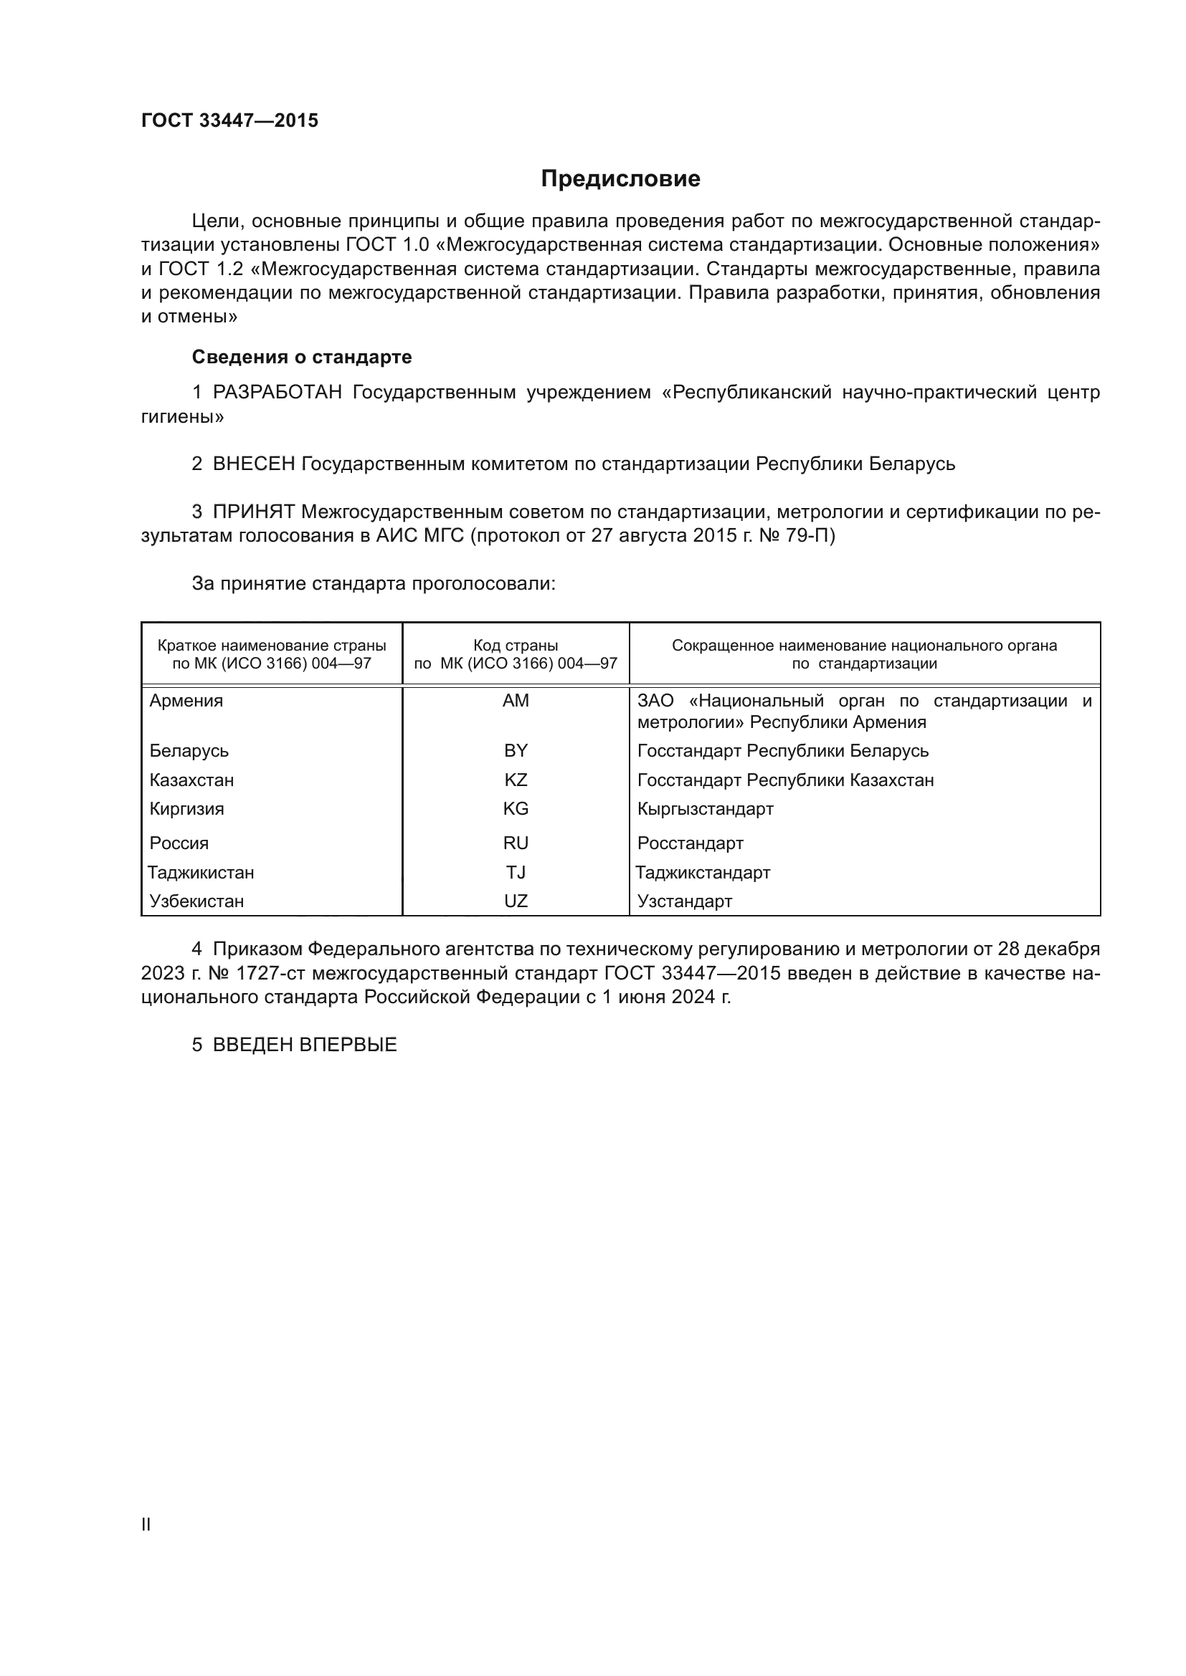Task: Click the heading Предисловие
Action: pyautogui.click(x=620, y=179)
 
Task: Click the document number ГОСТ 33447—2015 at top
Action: pyautogui.click(x=229, y=121)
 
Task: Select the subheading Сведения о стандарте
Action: pyautogui.click(x=302, y=357)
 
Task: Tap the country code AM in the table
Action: pyautogui.click(x=516, y=701)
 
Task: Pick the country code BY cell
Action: pyautogui.click(x=516, y=750)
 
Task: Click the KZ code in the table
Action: pyautogui.click(x=516, y=780)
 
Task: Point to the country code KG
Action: pyautogui.click(x=516, y=809)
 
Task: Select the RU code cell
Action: pyautogui.click(x=516, y=843)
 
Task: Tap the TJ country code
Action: pyautogui.click(x=516, y=872)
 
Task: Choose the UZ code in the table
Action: pyautogui.click(x=516, y=901)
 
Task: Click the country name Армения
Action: pyautogui.click(x=186, y=701)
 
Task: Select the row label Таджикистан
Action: pyautogui.click(x=201, y=872)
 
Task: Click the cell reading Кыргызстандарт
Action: pyautogui.click(x=705, y=809)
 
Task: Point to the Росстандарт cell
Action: pyautogui.click(x=690, y=843)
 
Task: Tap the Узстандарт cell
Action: pyautogui.click(x=684, y=901)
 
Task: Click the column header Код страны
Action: pyautogui.click(x=516, y=646)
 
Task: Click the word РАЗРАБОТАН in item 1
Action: pyautogui.click(x=277, y=393)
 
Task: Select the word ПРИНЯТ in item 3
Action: pyautogui.click(x=254, y=512)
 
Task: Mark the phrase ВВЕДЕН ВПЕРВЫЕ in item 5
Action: pyautogui.click(x=305, y=1045)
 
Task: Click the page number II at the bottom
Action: pyautogui.click(x=146, y=1524)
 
